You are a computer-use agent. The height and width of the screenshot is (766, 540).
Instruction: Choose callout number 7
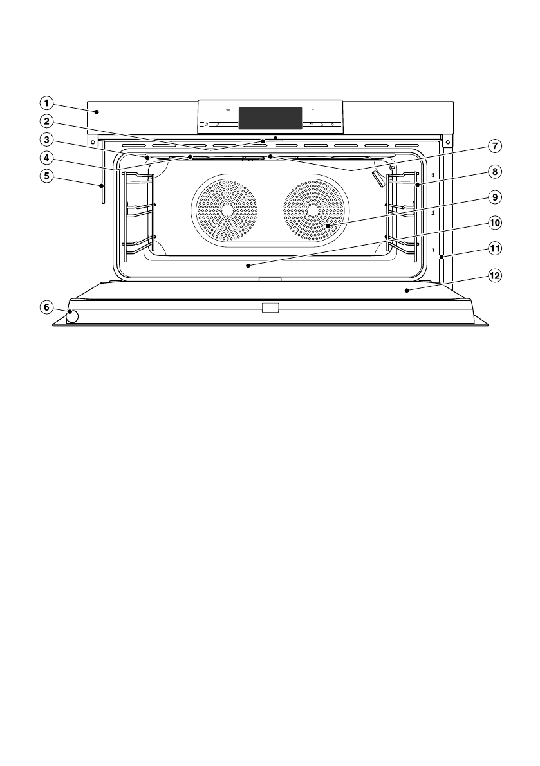coord(494,146)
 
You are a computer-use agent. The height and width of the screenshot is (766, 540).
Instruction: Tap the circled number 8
coord(494,172)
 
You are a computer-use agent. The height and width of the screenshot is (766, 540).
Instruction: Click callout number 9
coord(494,197)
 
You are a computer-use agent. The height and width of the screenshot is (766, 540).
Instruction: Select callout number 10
coord(494,223)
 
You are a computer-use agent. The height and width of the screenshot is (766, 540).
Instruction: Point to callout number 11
coord(494,248)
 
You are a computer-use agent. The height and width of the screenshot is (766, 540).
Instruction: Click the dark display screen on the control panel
coord(270,118)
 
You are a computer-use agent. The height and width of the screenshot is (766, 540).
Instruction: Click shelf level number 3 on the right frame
coord(433,174)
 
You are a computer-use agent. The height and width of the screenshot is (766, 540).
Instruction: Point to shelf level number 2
coord(433,212)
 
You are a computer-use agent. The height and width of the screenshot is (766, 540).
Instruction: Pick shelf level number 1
coord(433,248)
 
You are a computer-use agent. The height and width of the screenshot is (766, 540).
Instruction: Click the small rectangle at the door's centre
coord(270,309)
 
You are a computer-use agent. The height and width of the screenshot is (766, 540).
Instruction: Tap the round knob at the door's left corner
coord(72,316)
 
